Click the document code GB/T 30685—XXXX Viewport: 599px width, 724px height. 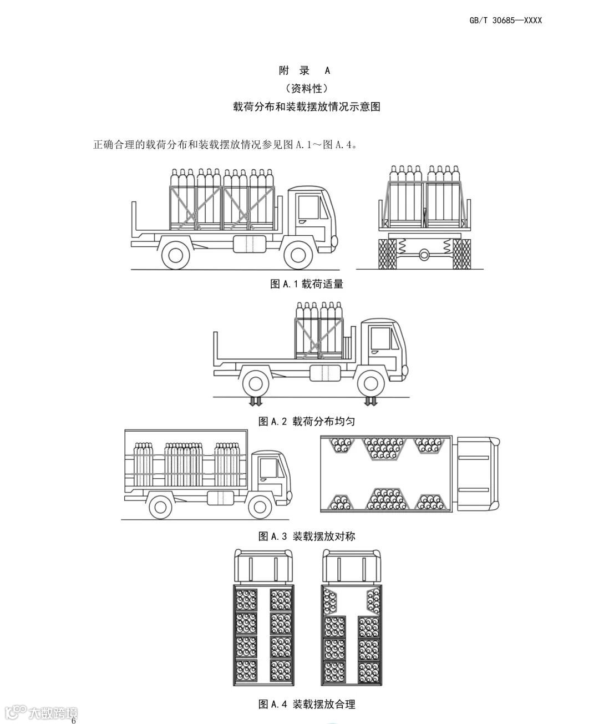coord(505,21)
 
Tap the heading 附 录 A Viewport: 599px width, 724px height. coord(304,70)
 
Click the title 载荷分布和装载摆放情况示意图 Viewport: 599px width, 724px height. coord(307,107)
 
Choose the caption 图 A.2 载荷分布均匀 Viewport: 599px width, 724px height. coord(307,421)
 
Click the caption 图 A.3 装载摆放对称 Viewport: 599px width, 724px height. coord(307,536)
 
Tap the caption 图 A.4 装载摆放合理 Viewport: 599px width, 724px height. coord(307,704)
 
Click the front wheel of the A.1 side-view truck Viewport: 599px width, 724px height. coord(298,255)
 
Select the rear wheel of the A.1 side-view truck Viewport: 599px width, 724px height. coord(176,255)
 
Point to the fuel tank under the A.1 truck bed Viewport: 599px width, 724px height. coord(247,245)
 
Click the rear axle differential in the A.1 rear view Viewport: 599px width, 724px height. coord(425,254)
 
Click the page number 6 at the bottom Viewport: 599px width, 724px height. coord(73,721)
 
